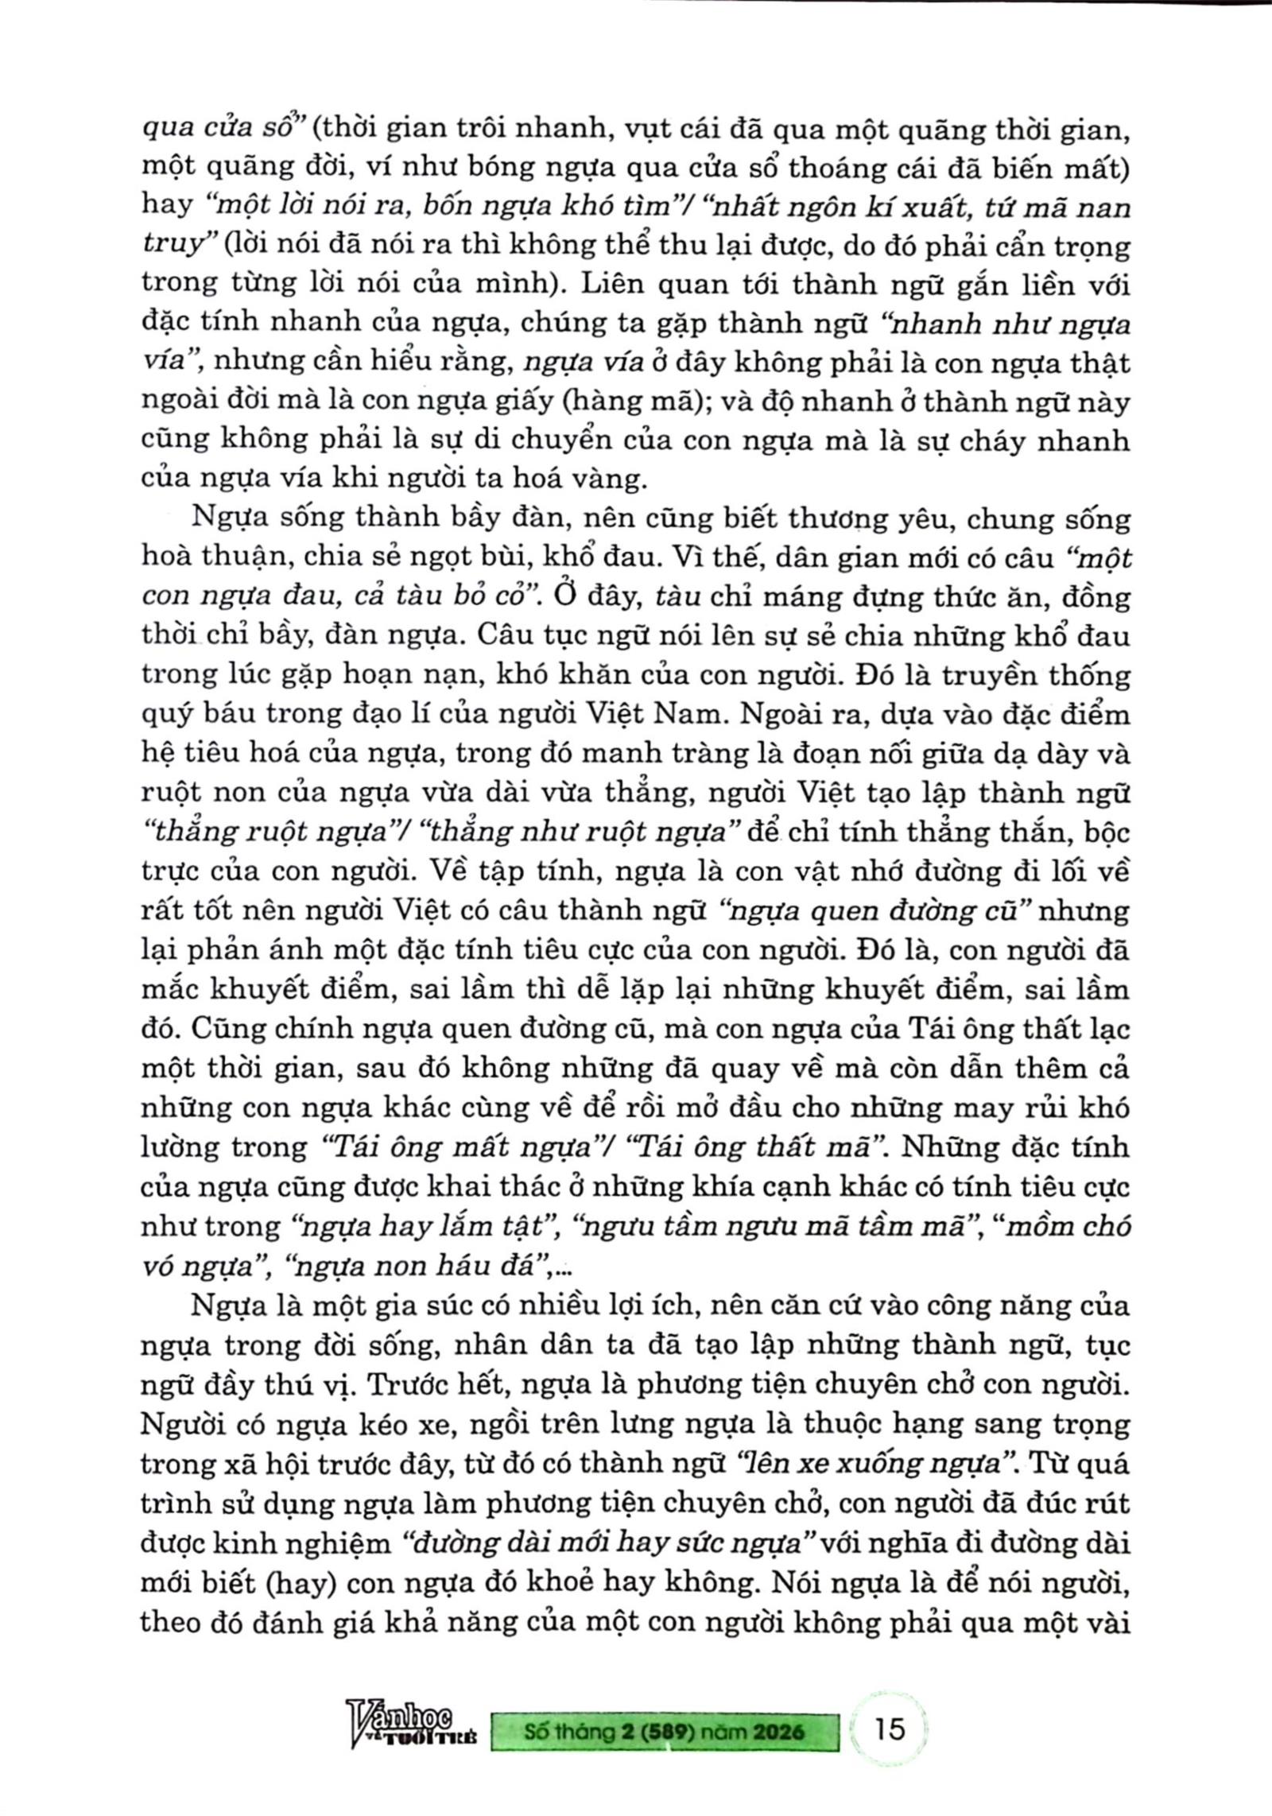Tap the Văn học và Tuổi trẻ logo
412,1731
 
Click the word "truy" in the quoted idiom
171,245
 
